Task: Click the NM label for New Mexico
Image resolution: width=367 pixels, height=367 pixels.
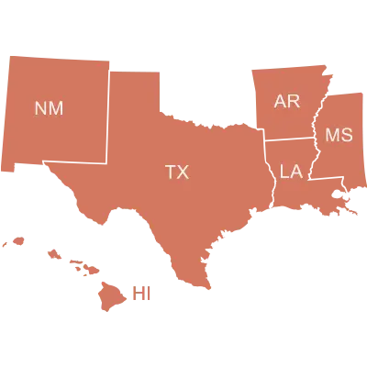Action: [x=49, y=108]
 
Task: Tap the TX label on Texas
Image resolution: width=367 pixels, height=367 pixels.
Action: [x=176, y=172]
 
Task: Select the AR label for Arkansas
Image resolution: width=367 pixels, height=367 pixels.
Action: [x=287, y=101]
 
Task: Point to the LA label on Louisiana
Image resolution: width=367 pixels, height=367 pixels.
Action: [x=291, y=171]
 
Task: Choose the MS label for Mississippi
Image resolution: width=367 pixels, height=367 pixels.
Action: [x=339, y=136]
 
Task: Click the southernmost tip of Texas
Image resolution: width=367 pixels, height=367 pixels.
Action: [x=208, y=290]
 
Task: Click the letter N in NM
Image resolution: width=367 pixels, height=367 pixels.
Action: [x=40, y=108]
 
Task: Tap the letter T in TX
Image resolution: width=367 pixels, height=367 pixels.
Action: [x=170, y=172]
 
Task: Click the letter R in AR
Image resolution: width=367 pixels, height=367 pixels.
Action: [x=295, y=101]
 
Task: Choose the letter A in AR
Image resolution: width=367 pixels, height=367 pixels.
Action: [x=281, y=101]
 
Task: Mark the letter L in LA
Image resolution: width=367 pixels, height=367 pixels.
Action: [x=284, y=171]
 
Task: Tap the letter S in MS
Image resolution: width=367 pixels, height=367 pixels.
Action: [x=346, y=136]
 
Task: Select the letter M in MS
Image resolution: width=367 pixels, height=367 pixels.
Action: [x=332, y=136]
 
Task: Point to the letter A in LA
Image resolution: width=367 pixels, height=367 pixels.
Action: [x=297, y=171]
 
